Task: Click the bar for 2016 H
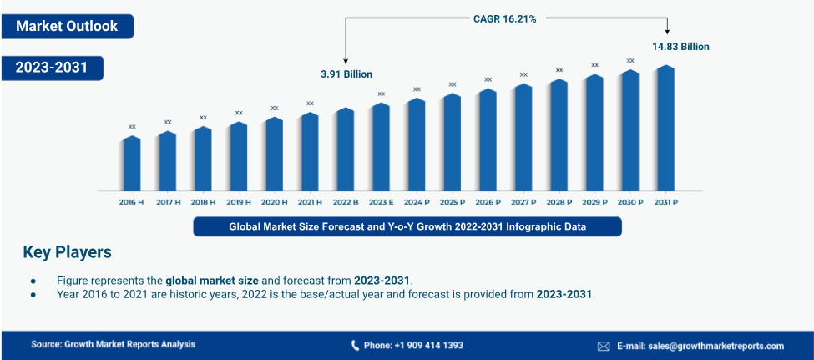[x=132, y=164]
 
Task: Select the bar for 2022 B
[x=346, y=150]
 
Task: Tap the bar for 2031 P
[x=665, y=129]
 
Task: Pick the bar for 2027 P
[x=523, y=138]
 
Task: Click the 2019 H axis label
[x=239, y=202]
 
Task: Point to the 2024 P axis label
[x=417, y=202]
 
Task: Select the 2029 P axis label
[x=594, y=202]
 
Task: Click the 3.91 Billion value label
[x=346, y=74]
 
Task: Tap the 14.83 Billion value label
[x=680, y=47]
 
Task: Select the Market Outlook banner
[x=67, y=26]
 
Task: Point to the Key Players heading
[x=67, y=251]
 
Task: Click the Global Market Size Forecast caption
[x=407, y=226]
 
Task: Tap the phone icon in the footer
[x=355, y=346]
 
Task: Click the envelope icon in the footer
[x=604, y=346]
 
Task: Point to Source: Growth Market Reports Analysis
[x=113, y=344]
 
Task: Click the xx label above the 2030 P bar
[x=630, y=60]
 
